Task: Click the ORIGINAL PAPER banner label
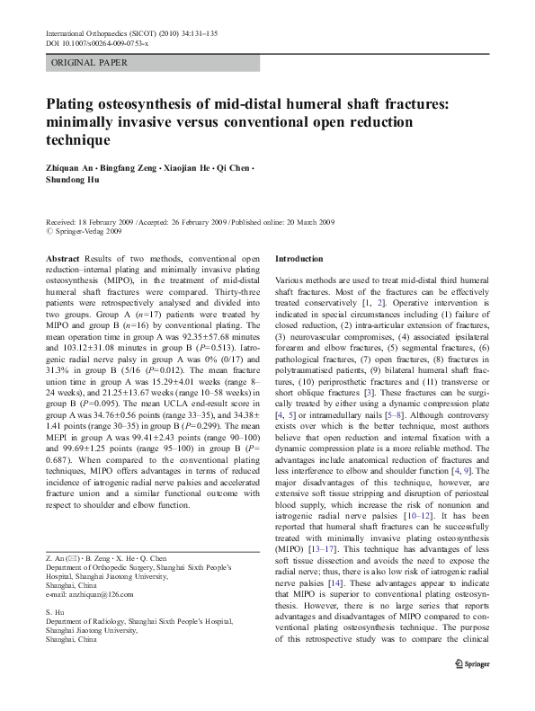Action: tap(89, 63)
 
